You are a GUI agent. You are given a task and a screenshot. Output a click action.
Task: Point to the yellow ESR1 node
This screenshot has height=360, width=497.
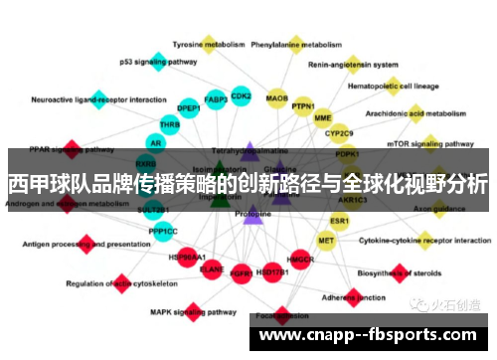[340, 221]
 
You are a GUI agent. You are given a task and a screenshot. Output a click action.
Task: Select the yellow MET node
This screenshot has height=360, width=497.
[326, 241]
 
